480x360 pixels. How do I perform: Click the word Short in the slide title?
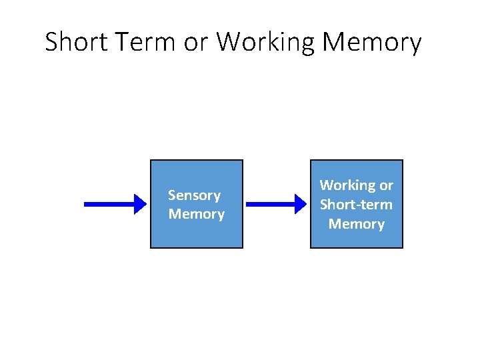[75, 42]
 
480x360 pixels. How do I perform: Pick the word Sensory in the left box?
[194, 195]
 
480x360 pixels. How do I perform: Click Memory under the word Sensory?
[196, 214]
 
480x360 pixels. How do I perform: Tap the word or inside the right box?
[386, 185]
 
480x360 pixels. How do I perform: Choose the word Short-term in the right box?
[356, 205]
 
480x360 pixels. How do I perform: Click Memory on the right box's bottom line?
[356, 224]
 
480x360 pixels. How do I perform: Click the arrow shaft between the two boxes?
[270, 204]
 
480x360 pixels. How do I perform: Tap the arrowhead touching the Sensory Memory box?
[141, 204]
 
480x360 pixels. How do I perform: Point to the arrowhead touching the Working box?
[302, 204]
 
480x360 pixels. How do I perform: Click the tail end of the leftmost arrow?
[85, 204]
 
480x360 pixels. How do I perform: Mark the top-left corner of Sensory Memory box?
[151, 161]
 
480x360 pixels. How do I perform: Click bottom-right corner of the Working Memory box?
[402, 247]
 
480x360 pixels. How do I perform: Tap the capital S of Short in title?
[51, 42]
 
